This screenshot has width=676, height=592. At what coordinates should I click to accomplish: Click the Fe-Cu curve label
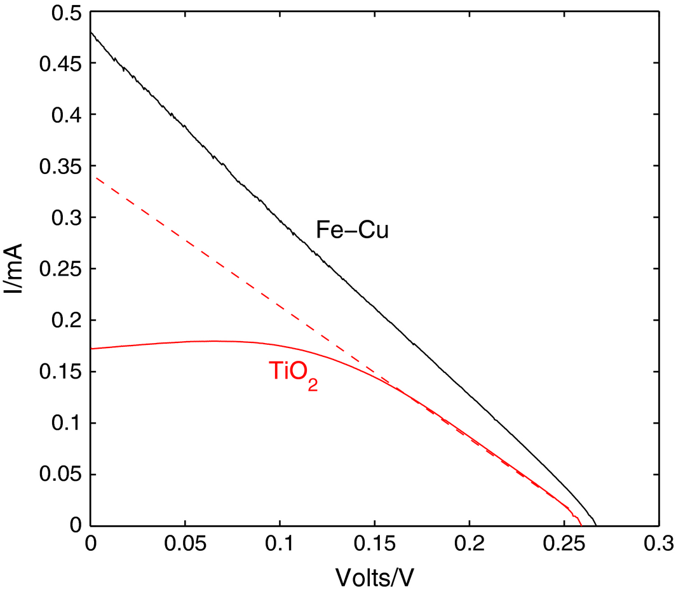point(352,231)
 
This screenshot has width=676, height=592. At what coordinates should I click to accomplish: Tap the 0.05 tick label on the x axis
point(185,544)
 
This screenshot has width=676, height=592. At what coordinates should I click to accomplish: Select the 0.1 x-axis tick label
point(280,544)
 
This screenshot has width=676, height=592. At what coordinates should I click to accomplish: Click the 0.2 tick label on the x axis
point(469,544)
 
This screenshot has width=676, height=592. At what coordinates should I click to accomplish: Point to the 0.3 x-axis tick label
point(658,544)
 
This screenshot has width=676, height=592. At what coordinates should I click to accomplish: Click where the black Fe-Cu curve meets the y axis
point(91,32)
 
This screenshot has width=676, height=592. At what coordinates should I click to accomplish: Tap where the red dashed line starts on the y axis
point(91,177)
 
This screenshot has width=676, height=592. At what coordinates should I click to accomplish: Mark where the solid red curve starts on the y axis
point(91,348)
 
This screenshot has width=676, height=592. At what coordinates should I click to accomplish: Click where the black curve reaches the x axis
point(595,525)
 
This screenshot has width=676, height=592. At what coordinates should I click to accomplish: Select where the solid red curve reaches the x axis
point(581,525)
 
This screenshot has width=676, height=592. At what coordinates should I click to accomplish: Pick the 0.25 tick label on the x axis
point(564,544)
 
